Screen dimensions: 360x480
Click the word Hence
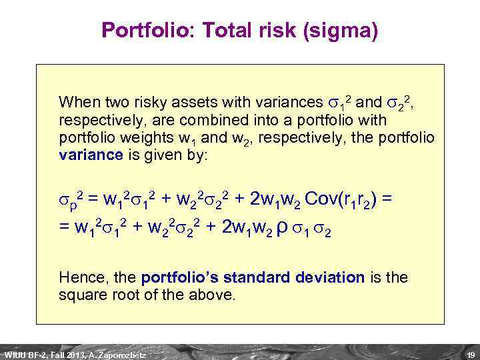(77, 276)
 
